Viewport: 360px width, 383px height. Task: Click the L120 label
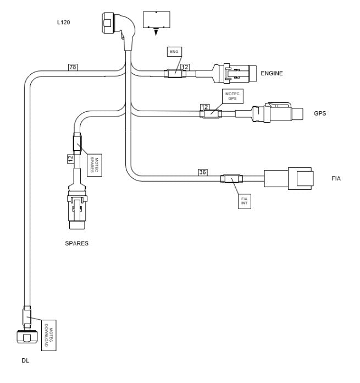pos(65,23)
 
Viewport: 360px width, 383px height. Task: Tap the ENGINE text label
pos(272,73)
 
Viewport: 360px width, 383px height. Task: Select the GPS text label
pos(320,114)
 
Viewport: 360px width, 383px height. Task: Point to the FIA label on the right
pos(336,178)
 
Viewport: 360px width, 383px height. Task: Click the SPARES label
pos(76,242)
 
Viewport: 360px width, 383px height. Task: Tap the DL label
pos(25,361)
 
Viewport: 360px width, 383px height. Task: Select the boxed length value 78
pos(73,67)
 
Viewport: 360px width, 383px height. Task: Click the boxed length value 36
pos(203,172)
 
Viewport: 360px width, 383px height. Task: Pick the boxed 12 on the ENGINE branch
pos(185,67)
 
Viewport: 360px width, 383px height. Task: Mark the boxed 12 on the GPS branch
pos(204,107)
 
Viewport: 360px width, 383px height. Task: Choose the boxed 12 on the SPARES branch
pos(70,158)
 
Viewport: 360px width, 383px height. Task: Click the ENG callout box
pos(174,52)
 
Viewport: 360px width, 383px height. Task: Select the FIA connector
pos(289,179)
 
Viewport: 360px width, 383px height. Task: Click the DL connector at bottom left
pos(27,337)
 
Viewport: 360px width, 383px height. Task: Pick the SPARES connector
pos(76,210)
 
